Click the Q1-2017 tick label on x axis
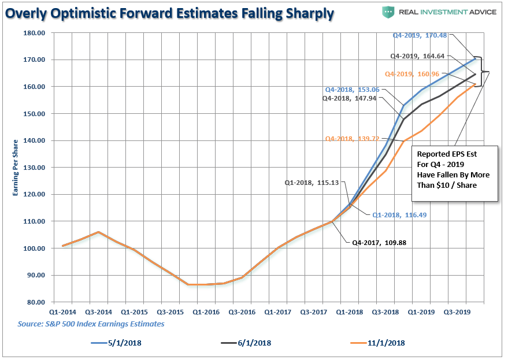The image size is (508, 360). point(278,312)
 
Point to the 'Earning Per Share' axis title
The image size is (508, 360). point(16,168)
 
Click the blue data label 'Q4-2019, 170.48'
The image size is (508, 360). point(420,35)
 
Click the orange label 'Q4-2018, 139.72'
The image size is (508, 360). point(351,139)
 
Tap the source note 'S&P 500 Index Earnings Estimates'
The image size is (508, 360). point(91,324)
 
